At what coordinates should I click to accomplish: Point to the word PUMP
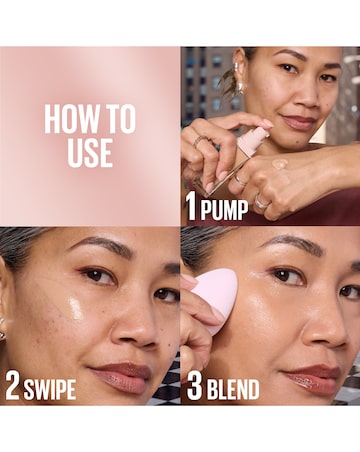click(x=224, y=209)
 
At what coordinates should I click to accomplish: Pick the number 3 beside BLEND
click(x=192, y=388)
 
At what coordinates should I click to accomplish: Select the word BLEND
click(x=232, y=388)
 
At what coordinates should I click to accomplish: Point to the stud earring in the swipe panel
click(x=2, y=331)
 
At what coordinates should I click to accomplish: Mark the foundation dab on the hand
click(x=281, y=165)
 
